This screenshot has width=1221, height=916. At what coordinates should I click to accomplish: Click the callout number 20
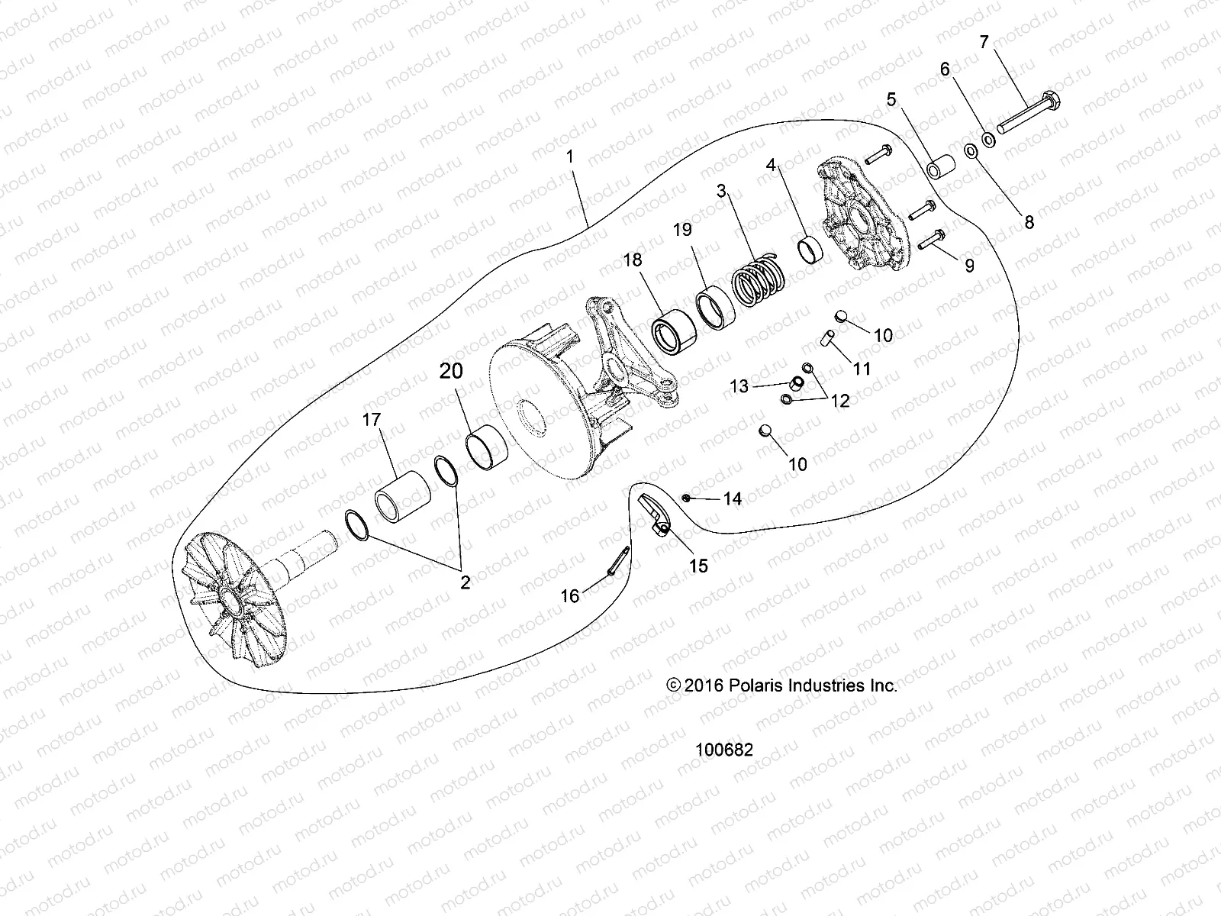coord(451,372)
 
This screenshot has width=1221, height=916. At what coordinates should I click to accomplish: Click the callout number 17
coord(372,420)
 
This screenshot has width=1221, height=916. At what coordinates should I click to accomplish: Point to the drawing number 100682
coord(723,750)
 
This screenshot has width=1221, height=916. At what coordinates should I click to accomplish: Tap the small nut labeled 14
coord(688,498)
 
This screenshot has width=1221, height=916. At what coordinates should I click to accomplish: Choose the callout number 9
coord(969,266)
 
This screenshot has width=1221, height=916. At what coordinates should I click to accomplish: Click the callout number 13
coord(739,387)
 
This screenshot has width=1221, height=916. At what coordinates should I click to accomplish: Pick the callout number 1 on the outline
coord(570,156)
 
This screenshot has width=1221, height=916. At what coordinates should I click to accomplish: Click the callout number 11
coord(862,369)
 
